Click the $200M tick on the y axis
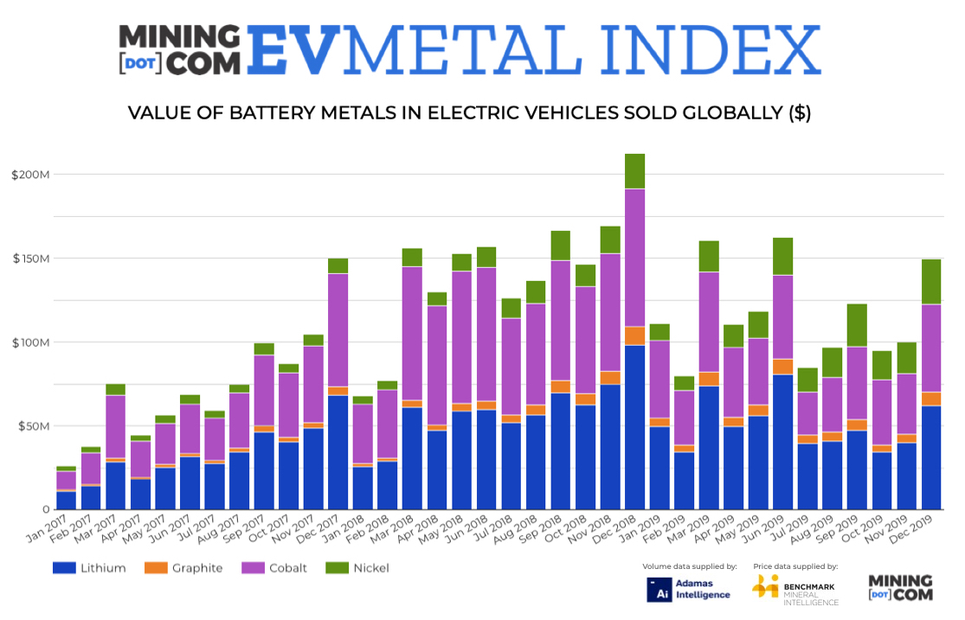click(31, 175)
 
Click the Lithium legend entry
click(90, 568)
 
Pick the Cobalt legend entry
click(275, 568)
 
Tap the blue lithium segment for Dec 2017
click(338, 452)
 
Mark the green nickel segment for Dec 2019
click(931, 282)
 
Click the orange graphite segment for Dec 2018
click(635, 336)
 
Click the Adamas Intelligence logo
click(689, 589)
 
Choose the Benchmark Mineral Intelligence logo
click(795, 589)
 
